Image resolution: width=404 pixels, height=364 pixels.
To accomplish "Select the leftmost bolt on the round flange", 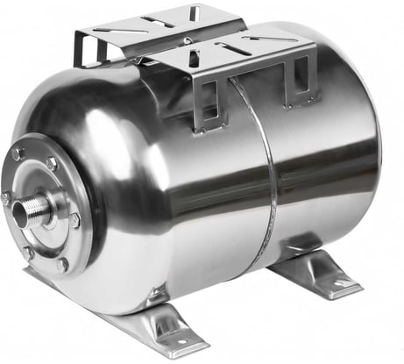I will coord(6,199).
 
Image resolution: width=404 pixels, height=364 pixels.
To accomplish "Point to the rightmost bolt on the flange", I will coord(80,219).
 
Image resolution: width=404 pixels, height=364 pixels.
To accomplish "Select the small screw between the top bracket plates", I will coord(187,40).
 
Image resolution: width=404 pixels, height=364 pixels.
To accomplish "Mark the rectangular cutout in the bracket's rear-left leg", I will coord(91,53).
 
